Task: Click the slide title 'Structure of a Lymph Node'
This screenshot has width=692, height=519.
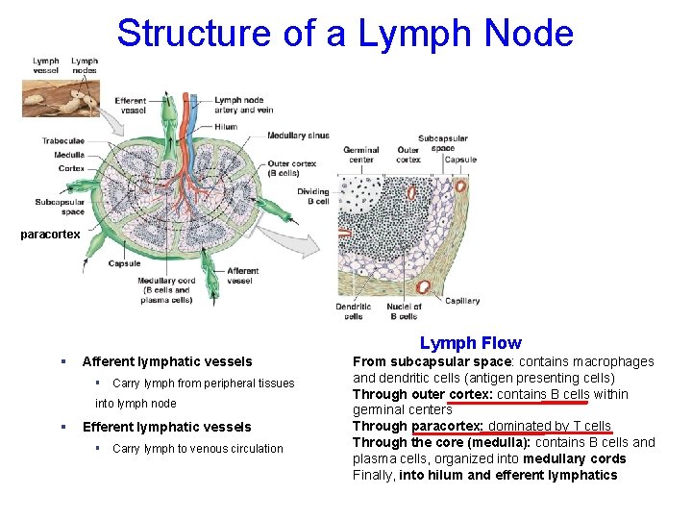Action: click(x=345, y=34)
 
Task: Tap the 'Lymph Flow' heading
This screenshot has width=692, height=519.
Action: click(x=470, y=343)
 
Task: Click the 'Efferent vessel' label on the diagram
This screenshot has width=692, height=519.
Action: click(x=131, y=106)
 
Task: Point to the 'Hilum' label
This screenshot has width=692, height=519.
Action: click(x=225, y=127)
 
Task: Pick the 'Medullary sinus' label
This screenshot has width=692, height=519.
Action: click(x=300, y=136)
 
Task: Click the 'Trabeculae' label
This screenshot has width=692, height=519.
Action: click(x=62, y=141)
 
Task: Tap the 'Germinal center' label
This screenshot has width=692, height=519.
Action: click(x=361, y=155)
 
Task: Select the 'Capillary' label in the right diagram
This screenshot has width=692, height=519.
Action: click(x=461, y=301)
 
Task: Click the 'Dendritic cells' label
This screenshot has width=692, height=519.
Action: click(x=353, y=311)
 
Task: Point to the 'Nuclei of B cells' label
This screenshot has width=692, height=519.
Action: click(x=403, y=311)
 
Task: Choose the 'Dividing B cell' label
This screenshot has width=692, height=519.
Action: click(x=313, y=197)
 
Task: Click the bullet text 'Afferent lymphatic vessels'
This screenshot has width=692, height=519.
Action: click(x=167, y=362)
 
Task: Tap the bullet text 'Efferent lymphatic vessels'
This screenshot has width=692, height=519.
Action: click(x=167, y=427)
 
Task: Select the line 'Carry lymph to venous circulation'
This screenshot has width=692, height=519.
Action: click(x=198, y=448)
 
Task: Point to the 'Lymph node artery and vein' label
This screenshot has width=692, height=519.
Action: click(x=243, y=105)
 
